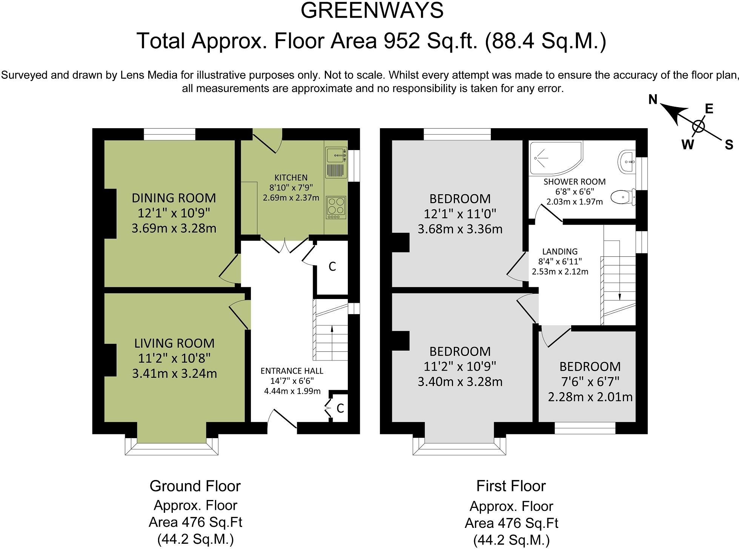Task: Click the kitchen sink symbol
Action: point(336,155)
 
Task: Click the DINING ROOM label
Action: point(174,198)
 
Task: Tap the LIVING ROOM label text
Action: point(174,343)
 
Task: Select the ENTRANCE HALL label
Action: point(292,371)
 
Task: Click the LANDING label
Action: point(560,251)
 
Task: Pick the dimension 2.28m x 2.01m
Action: point(590,397)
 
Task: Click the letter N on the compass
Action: point(653,100)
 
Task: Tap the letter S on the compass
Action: point(729,144)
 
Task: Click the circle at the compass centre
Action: point(698,126)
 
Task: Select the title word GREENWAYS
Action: point(372,11)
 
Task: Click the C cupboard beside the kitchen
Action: point(332,266)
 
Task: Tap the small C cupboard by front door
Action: point(340,408)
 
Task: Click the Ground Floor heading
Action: point(195,486)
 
